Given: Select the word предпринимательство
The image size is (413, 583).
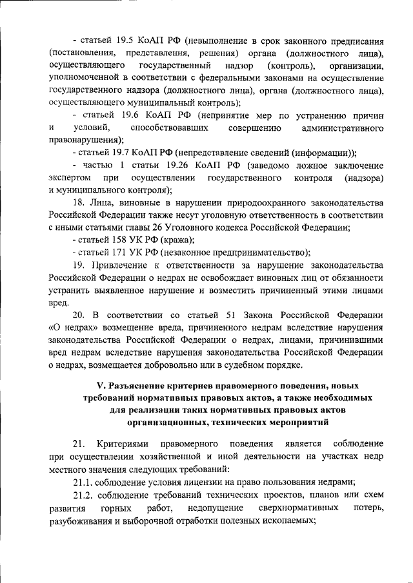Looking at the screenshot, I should point(261,252).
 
